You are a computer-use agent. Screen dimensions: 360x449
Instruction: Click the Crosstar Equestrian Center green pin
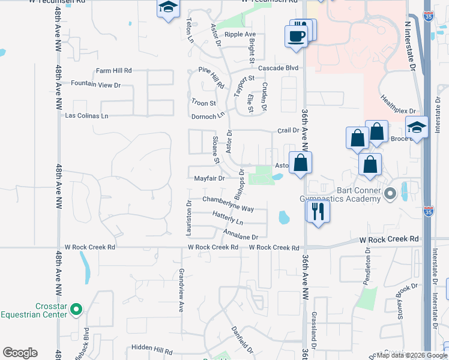[76, 310]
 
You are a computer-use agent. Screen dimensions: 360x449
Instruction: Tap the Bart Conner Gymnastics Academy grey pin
[390, 194]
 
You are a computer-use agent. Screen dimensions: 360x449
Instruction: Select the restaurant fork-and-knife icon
[317, 212]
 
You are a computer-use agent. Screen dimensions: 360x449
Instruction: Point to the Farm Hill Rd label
[113, 71]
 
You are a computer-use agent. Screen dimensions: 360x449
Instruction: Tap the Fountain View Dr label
[96, 85]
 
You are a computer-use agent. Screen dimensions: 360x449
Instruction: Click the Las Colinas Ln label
[87, 115]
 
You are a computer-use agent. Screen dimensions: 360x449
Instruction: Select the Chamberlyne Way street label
[228, 204]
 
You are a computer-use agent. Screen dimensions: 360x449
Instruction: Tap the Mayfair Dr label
[209, 178]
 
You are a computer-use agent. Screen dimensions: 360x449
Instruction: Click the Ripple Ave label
[240, 35]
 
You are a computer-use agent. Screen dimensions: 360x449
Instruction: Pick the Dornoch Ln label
[208, 116]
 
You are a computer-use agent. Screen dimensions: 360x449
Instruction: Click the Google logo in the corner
[20, 353]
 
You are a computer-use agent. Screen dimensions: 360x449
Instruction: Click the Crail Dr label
[288, 130]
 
